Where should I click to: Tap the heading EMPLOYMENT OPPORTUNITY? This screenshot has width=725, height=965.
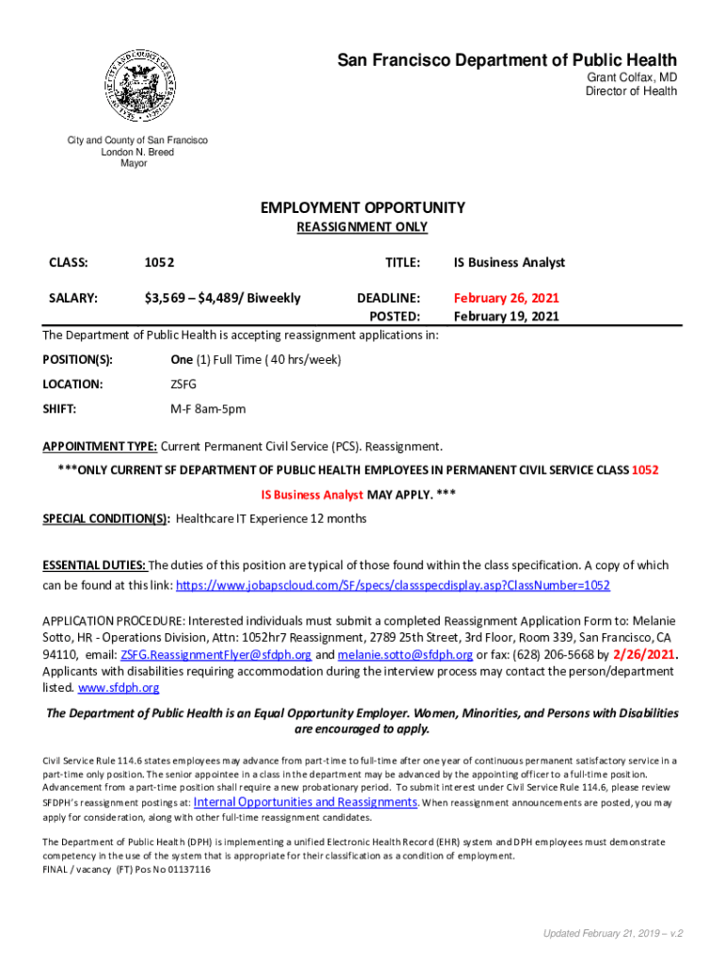point(362,207)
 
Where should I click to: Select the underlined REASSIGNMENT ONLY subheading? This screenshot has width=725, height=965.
point(362,227)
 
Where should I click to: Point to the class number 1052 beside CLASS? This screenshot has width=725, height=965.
point(159,263)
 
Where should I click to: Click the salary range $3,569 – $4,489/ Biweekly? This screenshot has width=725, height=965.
point(222,299)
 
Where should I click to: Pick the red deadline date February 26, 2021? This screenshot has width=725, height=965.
point(507,299)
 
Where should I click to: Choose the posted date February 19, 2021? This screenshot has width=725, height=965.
point(507,317)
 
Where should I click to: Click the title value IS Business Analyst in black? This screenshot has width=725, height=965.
point(509,263)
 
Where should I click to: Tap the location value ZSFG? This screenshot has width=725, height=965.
point(185,384)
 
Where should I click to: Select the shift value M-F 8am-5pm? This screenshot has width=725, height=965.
point(208,409)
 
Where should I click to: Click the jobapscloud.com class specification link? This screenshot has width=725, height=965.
point(393,586)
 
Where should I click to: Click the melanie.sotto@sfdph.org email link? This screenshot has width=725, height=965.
point(406,655)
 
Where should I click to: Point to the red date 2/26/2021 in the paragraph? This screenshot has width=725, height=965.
point(645,655)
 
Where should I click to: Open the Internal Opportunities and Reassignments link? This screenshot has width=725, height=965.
point(305,802)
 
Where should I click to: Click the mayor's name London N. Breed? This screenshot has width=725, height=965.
point(137,153)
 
